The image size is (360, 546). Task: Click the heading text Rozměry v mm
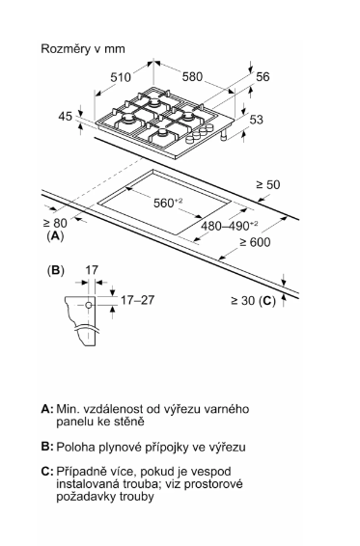click(x=83, y=49)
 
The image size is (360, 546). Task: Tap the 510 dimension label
click(x=121, y=77)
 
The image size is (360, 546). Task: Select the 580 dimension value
click(x=192, y=76)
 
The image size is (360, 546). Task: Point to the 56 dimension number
click(x=263, y=76)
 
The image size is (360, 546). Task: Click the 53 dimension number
click(x=257, y=120)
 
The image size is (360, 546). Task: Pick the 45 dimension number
click(x=66, y=117)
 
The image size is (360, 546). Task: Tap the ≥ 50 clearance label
click(x=268, y=184)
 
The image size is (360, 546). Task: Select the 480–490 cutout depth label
click(x=230, y=226)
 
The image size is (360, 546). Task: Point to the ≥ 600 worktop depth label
click(x=255, y=242)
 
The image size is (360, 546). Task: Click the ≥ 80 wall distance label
click(x=55, y=223)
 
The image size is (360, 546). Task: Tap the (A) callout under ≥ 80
click(x=55, y=236)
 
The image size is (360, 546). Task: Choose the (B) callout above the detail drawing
click(x=55, y=270)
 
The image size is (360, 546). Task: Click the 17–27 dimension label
click(x=137, y=300)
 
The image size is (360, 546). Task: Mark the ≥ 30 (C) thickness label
click(x=254, y=301)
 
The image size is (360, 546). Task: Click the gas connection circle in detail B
click(x=89, y=306)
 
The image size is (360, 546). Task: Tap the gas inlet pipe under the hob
click(x=223, y=135)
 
